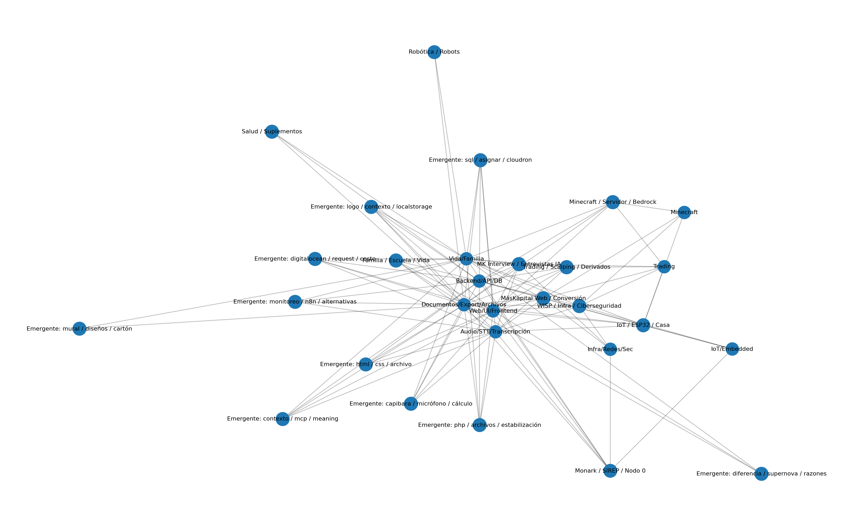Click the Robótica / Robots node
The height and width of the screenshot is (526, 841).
coord(434,52)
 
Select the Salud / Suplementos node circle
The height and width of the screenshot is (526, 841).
coord(272,131)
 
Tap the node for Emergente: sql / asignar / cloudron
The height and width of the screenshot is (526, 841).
coord(480,160)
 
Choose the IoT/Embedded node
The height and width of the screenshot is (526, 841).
coord(732,349)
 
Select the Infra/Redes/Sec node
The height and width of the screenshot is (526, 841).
coord(610,349)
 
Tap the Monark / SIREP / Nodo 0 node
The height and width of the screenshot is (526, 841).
coord(610,471)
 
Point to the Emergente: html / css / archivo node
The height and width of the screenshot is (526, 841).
coord(366,365)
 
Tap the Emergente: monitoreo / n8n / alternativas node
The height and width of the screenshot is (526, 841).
coord(295,302)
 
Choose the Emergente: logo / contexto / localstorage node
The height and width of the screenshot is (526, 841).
coord(371,207)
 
